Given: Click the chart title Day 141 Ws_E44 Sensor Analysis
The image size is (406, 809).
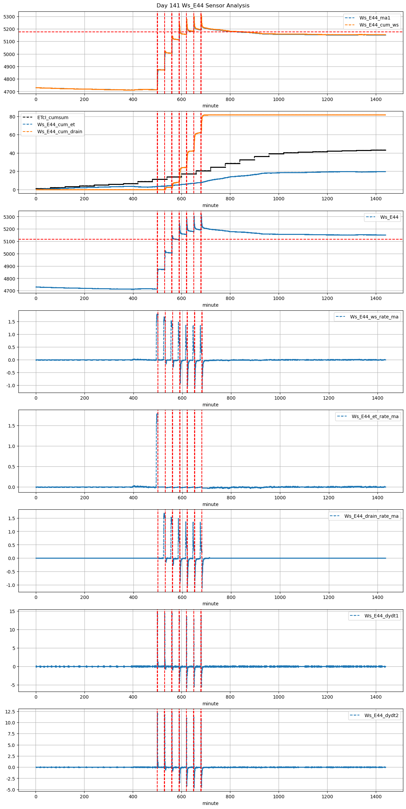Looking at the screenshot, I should pyautogui.click(x=203, y=5).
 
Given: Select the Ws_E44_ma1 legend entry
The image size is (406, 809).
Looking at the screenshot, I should pyautogui.click(x=374, y=18).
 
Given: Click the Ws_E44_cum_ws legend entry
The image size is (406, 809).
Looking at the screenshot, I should pyautogui.click(x=379, y=25).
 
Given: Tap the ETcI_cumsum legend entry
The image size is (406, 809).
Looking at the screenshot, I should pyautogui.click(x=53, y=117).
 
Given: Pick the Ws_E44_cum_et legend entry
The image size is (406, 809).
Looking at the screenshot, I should pyautogui.click(x=56, y=124).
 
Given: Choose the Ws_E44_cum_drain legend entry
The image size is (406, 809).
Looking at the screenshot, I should pyautogui.click(x=60, y=132).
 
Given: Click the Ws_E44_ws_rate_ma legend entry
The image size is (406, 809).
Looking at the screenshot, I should pyautogui.click(x=374, y=317).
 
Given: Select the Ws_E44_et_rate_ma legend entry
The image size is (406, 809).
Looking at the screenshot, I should pyautogui.click(x=375, y=416).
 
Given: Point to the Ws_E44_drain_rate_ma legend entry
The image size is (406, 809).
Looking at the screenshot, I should pyautogui.click(x=371, y=516).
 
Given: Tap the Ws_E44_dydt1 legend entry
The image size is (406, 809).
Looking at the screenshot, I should pyautogui.click(x=382, y=616).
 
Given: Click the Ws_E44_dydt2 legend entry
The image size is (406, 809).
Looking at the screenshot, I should pyautogui.click(x=382, y=715).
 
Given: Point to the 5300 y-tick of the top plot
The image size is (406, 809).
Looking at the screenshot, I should pyautogui.click(x=9, y=17).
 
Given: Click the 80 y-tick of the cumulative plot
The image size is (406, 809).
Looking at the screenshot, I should pyautogui.click(x=12, y=117).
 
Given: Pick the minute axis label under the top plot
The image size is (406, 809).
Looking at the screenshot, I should pyautogui.click(x=210, y=106).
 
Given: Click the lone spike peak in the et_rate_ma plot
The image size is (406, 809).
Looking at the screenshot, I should pyautogui.click(x=157, y=414).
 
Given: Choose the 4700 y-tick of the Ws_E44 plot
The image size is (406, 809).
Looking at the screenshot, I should pyautogui.click(x=9, y=291).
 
